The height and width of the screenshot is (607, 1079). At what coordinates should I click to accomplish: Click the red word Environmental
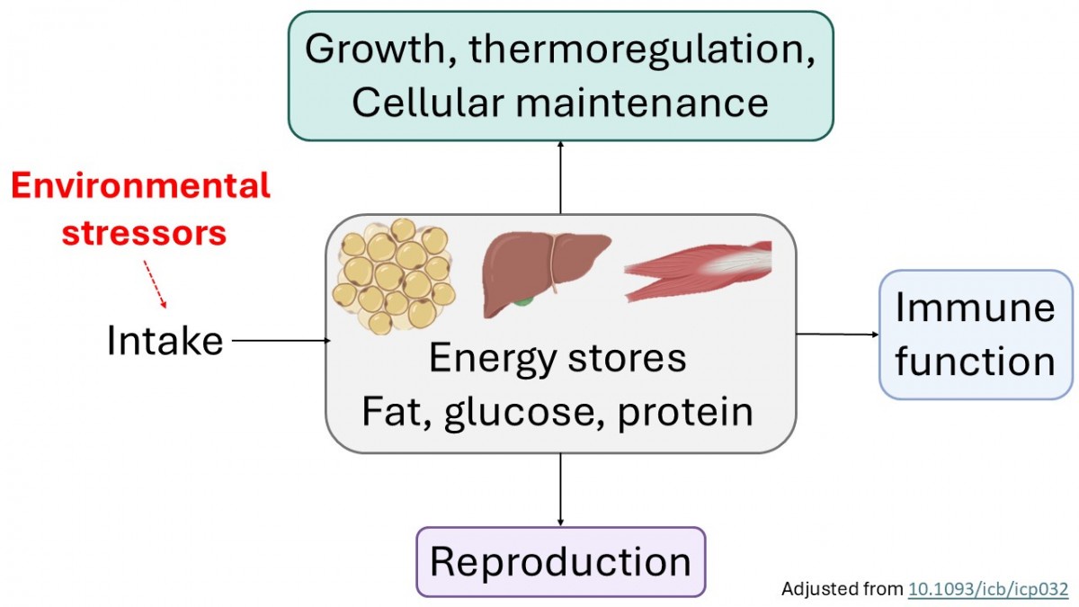pyautogui.click(x=140, y=186)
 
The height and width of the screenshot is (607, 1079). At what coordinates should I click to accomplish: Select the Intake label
pyautogui.click(x=165, y=341)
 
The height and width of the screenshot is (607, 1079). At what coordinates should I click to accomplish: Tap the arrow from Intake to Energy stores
pyautogui.click(x=281, y=341)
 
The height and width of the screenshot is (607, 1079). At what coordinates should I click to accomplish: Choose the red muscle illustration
pyautogui.click(x=697, y=269)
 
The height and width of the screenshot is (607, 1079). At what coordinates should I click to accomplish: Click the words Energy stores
pyautogui.click(x=557, y=358)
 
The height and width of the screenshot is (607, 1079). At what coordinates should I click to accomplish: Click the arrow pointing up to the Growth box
pyautogui.click(x=560, y=177)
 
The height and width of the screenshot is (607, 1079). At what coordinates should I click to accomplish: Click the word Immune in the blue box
pyautogui.click(x=975, y=308)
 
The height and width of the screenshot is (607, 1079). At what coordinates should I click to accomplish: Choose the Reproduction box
pyautogui.click(x=560, y=562)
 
